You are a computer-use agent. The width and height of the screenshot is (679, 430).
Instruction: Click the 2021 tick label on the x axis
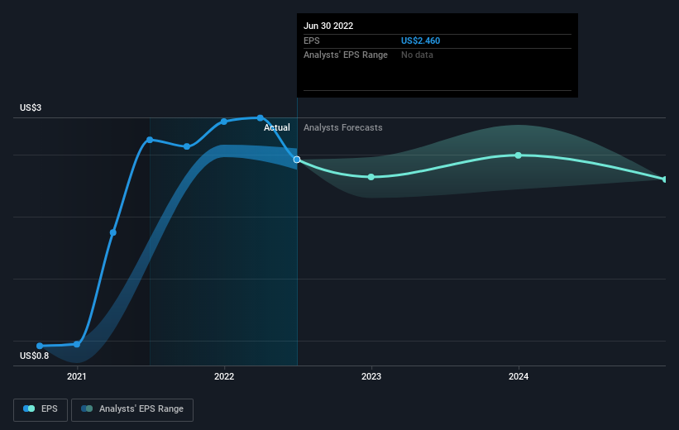(77, 376)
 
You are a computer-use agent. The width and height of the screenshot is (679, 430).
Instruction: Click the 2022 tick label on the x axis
(224, 376)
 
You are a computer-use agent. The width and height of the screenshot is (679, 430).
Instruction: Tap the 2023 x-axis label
(371, 376)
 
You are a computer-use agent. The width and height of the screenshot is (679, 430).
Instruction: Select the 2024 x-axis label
(519, 376)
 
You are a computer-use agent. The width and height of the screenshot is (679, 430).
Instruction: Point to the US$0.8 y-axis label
(36, 356)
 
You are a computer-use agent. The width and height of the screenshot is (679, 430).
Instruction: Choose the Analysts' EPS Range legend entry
(132, 408)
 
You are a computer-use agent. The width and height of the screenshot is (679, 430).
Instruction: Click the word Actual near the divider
(277, 128)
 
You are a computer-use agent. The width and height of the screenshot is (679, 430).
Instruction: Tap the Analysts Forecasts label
(342, 128)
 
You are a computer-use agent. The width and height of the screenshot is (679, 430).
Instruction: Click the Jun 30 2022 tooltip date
(328, 26)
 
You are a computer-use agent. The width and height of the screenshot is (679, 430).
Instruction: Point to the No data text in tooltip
(417, 55)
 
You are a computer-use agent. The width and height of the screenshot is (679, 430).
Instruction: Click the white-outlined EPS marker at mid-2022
(297, 160)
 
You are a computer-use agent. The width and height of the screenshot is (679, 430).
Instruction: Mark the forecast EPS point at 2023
(371, 177)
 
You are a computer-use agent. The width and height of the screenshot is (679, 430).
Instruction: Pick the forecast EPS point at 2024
(519, 155)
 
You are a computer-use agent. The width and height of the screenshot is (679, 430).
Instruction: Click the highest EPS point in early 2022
(261, 117)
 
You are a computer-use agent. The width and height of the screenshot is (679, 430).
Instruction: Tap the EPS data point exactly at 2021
(77, 344)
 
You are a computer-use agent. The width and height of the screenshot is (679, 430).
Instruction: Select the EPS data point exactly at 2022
(224, 122)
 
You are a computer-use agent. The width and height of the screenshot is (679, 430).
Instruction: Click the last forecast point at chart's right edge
(665, 179)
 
